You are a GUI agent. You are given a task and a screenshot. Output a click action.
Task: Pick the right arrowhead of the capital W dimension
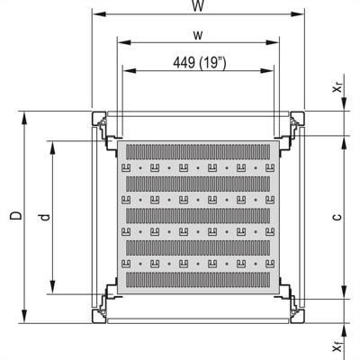(300, 14)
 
